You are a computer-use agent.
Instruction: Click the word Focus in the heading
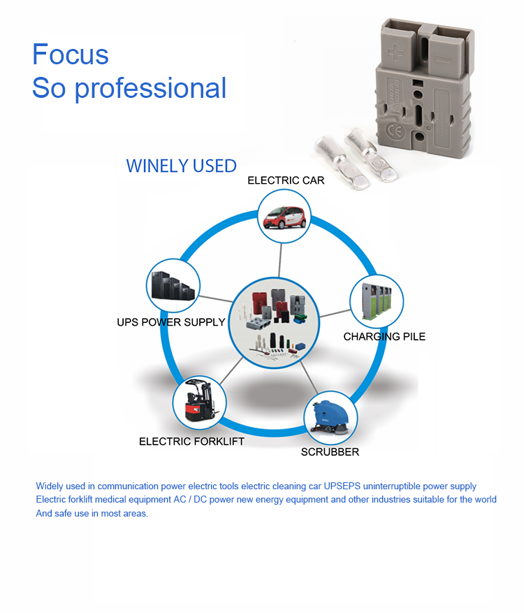71,54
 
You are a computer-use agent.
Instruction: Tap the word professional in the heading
150,89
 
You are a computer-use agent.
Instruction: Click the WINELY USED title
182,166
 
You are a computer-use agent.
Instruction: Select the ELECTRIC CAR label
286,180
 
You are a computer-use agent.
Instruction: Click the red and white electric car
284,217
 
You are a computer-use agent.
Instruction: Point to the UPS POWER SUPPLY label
171,322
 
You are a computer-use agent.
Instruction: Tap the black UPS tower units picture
173,286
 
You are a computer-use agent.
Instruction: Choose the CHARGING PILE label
384,337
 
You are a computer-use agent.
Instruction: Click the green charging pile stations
377,302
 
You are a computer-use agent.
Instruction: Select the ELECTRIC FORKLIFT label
192,441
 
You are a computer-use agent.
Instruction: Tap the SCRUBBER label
330,452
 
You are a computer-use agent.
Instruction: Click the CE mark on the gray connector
395,131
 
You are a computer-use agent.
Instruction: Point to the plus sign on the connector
395,52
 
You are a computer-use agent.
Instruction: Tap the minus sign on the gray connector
443,59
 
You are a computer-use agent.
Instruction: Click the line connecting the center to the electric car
280,260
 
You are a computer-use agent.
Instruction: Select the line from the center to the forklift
231,371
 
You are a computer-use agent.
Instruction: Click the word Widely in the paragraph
49,486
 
